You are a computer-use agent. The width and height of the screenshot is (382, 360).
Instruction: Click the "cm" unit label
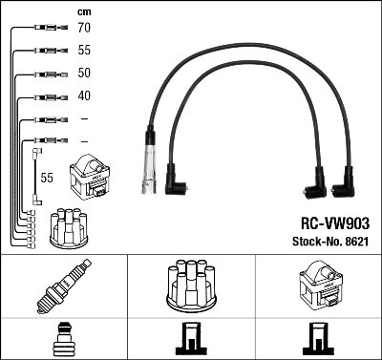84,11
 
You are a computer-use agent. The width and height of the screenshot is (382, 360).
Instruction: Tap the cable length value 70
84,30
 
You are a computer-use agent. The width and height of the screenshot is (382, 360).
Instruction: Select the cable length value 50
84,74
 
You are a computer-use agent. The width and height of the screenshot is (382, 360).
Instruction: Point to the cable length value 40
84,95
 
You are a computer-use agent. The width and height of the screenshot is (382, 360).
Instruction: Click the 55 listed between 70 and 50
84,51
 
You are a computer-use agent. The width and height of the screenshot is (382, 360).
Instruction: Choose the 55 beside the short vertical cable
45,178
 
